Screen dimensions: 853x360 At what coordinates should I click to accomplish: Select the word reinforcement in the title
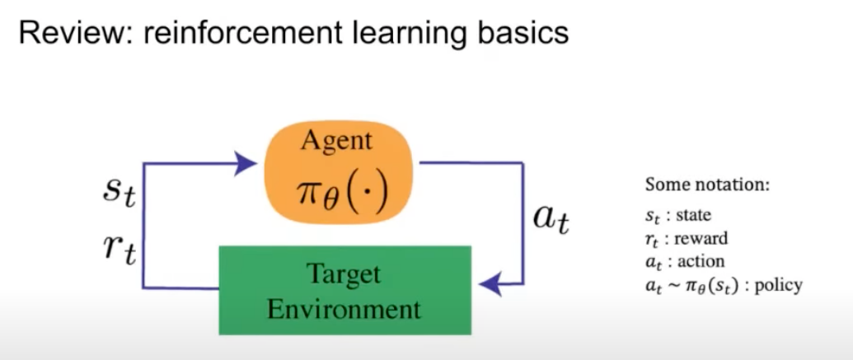click(243, 33)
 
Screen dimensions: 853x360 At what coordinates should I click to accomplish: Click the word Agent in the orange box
click(337, 142)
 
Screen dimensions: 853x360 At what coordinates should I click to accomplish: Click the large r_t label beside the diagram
click(119, 250)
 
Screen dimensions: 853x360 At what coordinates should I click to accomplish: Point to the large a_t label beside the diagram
click(551, 218)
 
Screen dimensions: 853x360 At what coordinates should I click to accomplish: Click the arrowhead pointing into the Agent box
click(245, 163)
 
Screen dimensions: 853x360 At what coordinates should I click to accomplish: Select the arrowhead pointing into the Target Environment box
click(491, 284)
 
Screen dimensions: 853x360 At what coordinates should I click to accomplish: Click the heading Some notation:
click(707, 185)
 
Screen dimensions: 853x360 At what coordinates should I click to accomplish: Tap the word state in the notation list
click(694, 215)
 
